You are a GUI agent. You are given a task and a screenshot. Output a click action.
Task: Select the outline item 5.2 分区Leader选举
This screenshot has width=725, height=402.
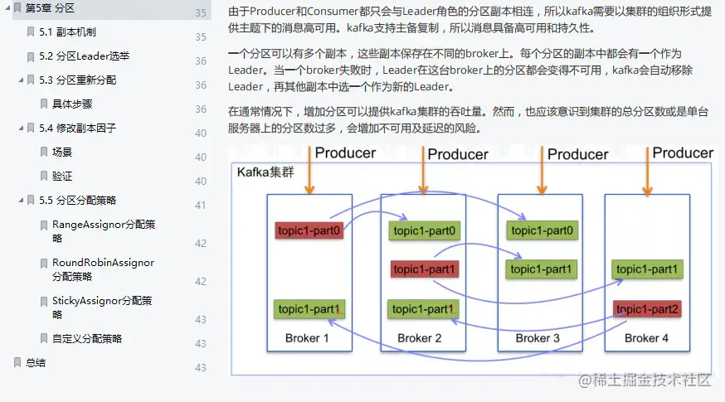click(x=84, y=56)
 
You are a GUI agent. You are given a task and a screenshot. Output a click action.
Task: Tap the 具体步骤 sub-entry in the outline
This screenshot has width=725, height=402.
click(x=72, y=104)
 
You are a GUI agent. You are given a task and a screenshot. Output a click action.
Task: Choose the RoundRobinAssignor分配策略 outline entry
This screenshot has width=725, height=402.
click(x=103, y=269)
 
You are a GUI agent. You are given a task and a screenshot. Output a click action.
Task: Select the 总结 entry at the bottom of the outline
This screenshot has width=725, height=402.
click(x=36, y=363)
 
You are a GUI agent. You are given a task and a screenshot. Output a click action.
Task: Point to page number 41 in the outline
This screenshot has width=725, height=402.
click(x=200, y=206)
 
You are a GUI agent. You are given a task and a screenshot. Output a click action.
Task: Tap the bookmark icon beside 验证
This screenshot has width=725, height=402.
click(x=44, y=177)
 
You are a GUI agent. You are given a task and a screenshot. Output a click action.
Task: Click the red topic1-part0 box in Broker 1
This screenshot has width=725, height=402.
click(x=309, y=230)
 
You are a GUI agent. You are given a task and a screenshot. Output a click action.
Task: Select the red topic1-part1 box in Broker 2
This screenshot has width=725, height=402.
click(x=423, y=269)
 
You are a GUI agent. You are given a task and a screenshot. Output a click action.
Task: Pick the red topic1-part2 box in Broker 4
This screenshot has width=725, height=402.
click(x=648, y=309)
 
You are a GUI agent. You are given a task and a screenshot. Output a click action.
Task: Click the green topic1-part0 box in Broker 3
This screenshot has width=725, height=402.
click(x=543, y=230)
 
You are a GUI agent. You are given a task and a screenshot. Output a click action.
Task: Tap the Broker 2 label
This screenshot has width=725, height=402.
click(x=420, y=338)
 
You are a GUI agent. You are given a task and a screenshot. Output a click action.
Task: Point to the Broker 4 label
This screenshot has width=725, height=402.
click(x=647, y=338)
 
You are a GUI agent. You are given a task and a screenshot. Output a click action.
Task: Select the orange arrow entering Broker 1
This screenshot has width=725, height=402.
click(x=308, y=171)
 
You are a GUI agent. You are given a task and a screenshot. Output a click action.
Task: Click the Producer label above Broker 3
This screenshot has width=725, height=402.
click(x=577, y=154)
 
